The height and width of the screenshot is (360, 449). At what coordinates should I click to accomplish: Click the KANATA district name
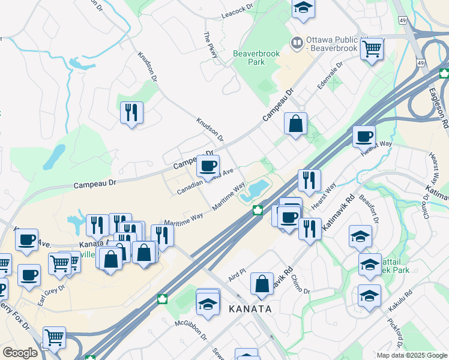tap(250, 309)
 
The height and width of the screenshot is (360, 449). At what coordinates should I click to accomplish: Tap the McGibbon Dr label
tap(190, 331)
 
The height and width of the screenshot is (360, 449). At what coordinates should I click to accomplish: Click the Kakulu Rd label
tap(402, 301)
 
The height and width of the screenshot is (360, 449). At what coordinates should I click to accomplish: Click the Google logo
tap(20, 353)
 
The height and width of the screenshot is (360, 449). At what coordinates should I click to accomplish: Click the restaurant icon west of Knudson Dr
tap(131, 112)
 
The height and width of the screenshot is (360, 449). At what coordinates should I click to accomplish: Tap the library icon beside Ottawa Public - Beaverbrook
tap(296, 43)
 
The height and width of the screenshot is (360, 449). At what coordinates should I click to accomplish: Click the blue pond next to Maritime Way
tap(258, 188)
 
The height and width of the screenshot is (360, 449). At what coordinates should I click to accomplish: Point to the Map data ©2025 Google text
tap(412, 355)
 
